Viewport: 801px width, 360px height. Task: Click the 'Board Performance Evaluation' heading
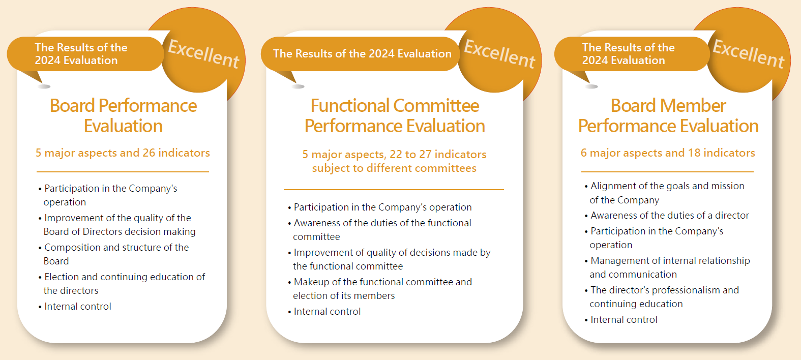click(124, 115)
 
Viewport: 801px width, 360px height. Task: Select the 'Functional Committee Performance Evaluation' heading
click(395, 115)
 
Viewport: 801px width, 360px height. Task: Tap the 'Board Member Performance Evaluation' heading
click(668, 115)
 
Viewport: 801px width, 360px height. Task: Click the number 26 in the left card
click(149, 153)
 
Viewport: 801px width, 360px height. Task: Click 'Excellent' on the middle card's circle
click(499, 53)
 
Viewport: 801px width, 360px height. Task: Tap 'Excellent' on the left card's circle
click(203, 53)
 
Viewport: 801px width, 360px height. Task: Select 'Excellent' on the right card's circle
click(749, 53)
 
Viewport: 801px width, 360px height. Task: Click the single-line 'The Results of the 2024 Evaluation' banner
click(362, 53)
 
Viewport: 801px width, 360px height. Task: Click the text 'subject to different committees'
click(394, 168)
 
